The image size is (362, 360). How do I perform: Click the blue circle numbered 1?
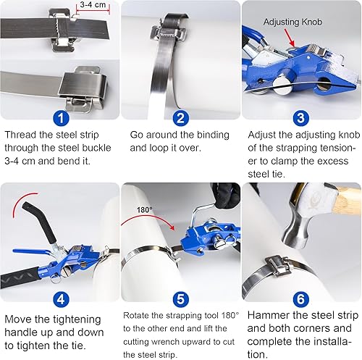pos(61,118)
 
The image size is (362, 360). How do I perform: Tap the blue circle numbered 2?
pos(180,118)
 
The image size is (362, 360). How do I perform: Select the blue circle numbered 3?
pos(300,118)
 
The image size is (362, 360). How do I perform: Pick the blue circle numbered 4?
pos(61,299)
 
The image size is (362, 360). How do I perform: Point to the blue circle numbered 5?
pos(180,299)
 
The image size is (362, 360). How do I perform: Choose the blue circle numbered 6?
pos(300,299)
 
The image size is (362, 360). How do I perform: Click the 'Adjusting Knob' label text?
pos(292,22)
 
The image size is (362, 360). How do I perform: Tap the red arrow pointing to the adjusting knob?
pos(290,37)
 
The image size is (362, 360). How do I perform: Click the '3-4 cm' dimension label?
pos(93,4)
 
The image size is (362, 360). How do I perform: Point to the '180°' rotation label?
pos(145,209)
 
